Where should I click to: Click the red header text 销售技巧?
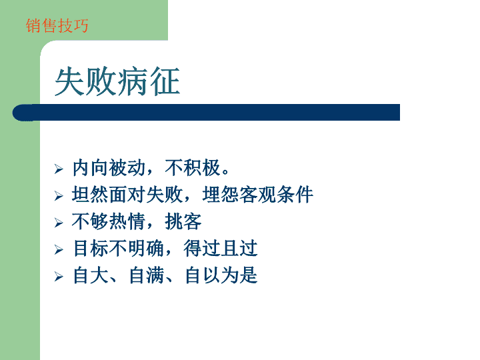click(x=57, y=25)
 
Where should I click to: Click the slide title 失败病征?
click(x=117, y=82)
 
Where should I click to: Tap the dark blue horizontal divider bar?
click(x=206, y=113)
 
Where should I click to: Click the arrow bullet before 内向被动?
click(x=59, y=169)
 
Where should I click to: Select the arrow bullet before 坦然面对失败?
click(x=59, y=196)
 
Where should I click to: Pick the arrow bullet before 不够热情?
click(x=59, y=223)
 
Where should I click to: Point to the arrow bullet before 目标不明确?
click(x=59, y=250)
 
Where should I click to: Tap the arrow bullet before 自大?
click(x=59, y=277)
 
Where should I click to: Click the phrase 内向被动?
click(x=109, y=168)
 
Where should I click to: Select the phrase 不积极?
click(x=193, y=168)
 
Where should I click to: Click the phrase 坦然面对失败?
click(x=127, y=195)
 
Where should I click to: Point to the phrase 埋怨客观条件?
click(x=258, y=195)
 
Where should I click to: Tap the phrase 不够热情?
click(x=109, y=221)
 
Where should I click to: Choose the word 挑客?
click(x=183, y=221)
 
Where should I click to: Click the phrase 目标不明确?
click(x=119, y=249)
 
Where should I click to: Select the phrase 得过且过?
click(x=221, y=249)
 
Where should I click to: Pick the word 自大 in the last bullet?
click(x=91, y=275)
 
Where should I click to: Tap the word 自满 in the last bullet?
click(x=147, y=275)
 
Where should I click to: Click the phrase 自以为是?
click(x=221, y=275)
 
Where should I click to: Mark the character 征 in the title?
click(x=165, y=82)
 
